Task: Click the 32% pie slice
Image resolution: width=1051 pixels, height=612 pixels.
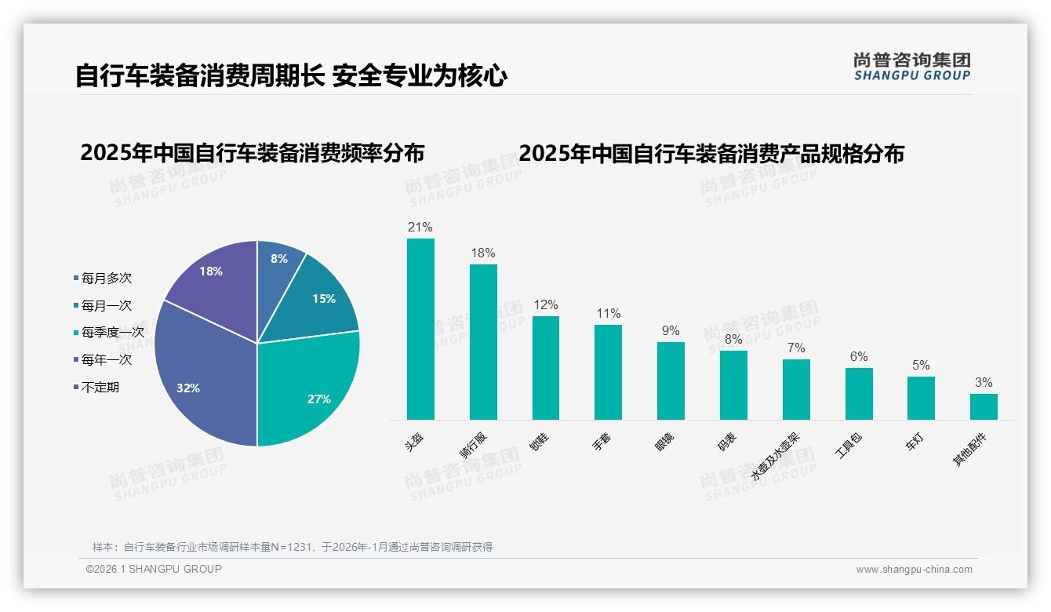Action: (200, 377)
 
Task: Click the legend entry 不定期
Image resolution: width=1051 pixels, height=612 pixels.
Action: (100, 387)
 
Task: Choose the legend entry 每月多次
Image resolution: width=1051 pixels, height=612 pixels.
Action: (106, 278)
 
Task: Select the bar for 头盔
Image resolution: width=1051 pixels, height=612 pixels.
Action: (420, 330)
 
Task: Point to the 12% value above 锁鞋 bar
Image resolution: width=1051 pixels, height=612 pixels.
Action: (546, 304)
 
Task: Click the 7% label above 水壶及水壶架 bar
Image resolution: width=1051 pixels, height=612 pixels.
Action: (796, 348)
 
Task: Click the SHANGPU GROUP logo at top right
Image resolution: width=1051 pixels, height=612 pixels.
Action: (911, 66)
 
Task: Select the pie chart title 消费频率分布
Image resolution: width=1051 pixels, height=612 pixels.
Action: (252, 152)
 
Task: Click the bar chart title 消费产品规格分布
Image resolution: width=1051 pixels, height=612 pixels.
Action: (711, 152)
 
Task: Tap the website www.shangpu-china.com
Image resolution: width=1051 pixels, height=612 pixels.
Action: (914, 570)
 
